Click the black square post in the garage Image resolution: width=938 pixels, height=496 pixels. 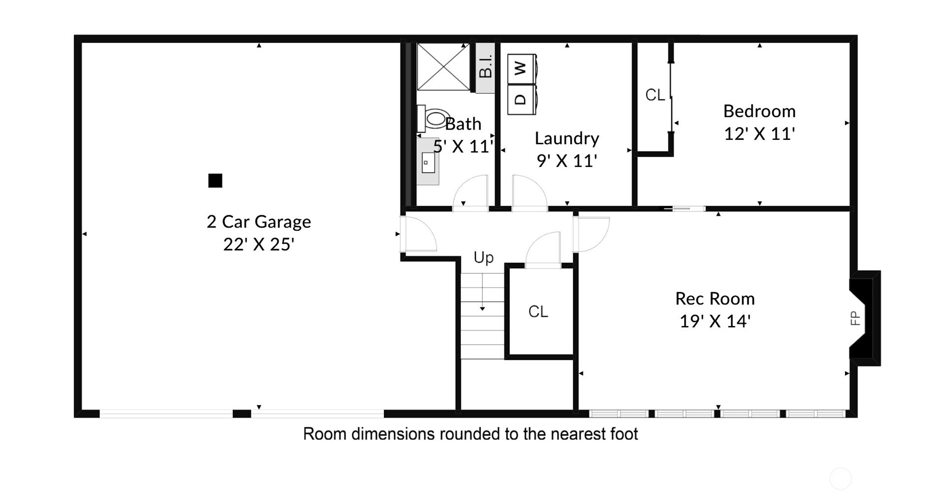[x=215, y=181]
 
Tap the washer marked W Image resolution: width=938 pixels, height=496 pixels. [x=522, y=68]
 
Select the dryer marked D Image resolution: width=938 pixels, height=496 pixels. [x=522, y=99]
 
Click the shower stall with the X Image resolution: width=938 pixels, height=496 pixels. [x=443, y=66]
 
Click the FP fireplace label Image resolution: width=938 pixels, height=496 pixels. [x=855, y=318]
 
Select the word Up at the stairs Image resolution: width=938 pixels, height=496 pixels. [x=483, y=258]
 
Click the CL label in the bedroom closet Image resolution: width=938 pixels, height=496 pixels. [x=655, y=95]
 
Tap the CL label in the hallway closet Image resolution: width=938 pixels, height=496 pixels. [x=538, y=311]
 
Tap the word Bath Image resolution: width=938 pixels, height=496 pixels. [x=463, y=124]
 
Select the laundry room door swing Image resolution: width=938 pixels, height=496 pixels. [x=530, y=193]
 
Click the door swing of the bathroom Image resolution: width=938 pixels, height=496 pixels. [x=470, y=193]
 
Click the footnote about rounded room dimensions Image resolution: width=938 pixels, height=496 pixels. [x=470, y=434]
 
